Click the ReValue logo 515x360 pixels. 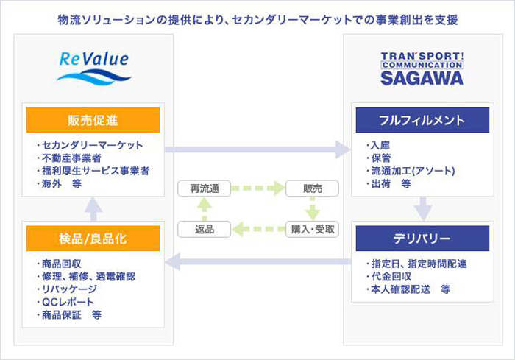point(94,68)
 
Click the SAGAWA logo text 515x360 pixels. point(422,78)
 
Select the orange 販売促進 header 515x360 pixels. point(93,120)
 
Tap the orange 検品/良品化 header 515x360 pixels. point(93,239)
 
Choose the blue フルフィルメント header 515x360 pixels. point(422,120)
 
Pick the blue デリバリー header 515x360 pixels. point(422,239)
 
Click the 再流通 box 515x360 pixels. point(205,188)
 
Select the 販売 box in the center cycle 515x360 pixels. point(313,188)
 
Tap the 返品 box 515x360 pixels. point(205,229)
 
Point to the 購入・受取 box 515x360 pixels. point(313,229)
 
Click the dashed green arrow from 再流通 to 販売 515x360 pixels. point(258,188)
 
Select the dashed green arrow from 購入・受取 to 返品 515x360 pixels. point(259,229)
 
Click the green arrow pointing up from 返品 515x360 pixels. point(205,209)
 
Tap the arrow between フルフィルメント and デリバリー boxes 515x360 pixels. point(423,209)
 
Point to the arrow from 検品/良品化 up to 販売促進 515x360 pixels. point(93,209)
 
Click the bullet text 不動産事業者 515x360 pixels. point(71,158)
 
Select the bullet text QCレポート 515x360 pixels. point(68,302)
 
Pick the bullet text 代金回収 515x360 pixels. point(391,277)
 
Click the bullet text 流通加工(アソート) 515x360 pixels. point(413,171)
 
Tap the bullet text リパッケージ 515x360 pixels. point(69,289)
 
